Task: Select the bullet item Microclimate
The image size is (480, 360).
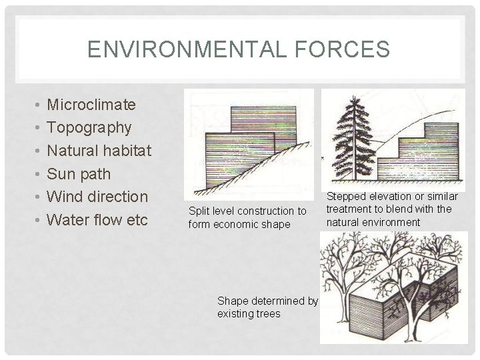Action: [92, 105]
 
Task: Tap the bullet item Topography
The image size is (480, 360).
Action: [90, 127]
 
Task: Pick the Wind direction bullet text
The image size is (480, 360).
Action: [99, 197]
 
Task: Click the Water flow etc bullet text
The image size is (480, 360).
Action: [98, 220]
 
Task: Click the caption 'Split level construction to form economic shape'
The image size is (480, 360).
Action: [247, 217]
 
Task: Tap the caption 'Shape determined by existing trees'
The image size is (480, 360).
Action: [267, 307]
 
